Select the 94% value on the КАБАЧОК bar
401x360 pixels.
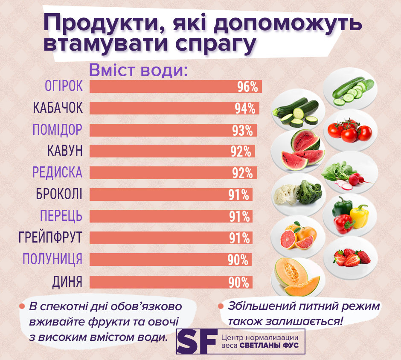click(245, 109)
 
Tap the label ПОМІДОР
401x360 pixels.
click(58, 130)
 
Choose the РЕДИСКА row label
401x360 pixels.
click(58, 173)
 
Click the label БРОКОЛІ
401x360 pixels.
click(59, 194)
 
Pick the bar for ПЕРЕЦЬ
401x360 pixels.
click(171, 216)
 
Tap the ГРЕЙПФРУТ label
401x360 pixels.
click(50, 237)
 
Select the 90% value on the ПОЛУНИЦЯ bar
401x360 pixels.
click(238, 260)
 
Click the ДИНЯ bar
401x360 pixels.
click(171, 282)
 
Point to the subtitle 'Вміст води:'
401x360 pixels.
click(138, 70)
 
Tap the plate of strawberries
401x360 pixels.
click(351, 257)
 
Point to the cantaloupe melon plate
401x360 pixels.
click(298, 278)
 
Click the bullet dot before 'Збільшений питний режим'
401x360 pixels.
click(221, 306)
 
